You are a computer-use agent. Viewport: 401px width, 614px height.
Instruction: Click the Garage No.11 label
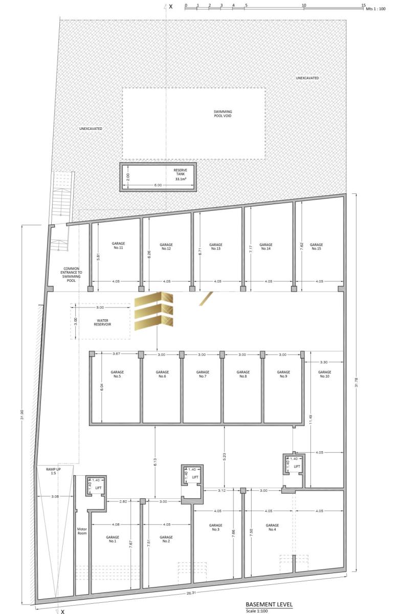click(118, 245)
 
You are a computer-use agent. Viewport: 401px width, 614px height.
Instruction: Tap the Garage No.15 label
click(316, 247)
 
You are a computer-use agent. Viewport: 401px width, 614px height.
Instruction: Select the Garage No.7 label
click(203, 374)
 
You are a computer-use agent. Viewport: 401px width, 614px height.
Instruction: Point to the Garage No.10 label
click(324, 374)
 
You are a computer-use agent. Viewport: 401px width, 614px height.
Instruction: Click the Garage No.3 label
click(216, 527)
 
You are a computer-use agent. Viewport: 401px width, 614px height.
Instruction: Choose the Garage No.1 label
click(113, 539)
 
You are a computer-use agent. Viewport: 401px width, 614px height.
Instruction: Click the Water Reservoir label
click(102, 322)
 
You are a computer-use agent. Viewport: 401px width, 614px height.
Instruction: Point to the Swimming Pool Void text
click(222, 114)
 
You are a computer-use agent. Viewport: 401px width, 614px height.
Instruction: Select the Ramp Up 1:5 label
click(53, 471)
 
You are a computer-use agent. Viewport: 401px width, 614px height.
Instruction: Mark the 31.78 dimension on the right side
click(357, 382)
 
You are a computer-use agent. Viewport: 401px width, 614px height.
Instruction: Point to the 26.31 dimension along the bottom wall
click(191, 584)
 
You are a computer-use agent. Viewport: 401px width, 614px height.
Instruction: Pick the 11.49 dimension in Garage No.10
click(310, 420)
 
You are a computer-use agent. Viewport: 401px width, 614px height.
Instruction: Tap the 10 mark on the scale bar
click(304, 5)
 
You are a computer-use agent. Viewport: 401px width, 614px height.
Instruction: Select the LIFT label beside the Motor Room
click(98, 488)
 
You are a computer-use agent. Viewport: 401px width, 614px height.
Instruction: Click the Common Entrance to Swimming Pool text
click(71, 274)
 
